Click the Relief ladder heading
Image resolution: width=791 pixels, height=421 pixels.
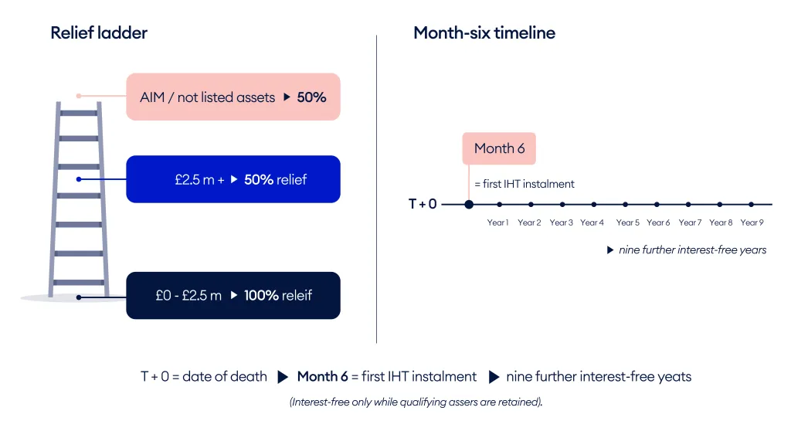(99, 32)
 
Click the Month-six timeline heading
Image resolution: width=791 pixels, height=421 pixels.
(484, 32)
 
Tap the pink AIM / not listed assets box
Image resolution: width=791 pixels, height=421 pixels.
(233, 97)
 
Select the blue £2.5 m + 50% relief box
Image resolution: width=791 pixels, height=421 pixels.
(233, 179)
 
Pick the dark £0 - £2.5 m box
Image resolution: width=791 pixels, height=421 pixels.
(233, 295)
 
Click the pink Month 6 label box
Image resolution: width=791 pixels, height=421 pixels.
(499, 148)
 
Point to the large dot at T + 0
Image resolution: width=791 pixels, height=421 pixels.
(469, 205)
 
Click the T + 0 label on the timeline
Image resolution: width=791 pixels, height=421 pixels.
(423, 205)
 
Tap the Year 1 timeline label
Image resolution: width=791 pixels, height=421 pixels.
(497, 222)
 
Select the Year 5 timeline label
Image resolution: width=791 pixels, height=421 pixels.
(627, 222)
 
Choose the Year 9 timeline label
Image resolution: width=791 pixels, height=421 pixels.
(752, 222)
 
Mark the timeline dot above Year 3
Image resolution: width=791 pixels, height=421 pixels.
(562, 205)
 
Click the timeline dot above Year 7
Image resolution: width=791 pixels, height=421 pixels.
(688, 205)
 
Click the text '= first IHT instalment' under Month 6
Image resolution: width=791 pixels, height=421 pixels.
(525, 184)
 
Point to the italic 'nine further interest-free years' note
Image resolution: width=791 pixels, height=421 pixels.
(692, 250)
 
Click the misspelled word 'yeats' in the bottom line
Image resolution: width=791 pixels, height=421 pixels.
(673, 377)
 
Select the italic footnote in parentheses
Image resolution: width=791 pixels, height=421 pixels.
(416, 402)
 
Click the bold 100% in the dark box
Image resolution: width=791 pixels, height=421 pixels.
(261, 295)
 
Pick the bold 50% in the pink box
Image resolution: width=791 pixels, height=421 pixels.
(311, 97)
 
